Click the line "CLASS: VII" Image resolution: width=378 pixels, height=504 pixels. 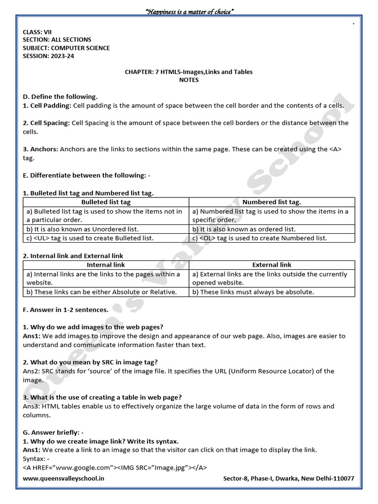pyautogui.click(x=37, y=31)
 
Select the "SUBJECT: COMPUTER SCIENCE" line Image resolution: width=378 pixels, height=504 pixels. pyautogui.click(x=66, y=48)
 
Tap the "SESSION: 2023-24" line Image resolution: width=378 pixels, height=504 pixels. pyautogui.click(x=49, y=56)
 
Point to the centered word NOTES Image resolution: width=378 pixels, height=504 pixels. pyautogui.click(x=189, y=80)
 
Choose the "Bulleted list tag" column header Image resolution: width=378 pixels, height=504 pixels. pyautogui.click(x=106, y=202)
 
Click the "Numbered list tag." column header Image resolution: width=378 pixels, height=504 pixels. pyautogui.click(x=272, y=202)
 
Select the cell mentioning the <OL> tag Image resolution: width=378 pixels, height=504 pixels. pyautogui.click(x=259, y=238)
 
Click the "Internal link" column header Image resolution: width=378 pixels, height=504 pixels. pyautogui.click(x=106, y=265)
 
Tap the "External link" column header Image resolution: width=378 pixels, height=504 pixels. pyautogui.click(x=272, y=265)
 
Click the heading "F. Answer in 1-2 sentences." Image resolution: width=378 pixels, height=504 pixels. pyautogui.click(x=65, y=310)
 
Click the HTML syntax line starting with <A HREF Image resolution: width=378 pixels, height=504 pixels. pyautogui.click(x=115, y=468)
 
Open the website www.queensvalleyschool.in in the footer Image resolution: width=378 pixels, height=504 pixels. pyautogui.click(x=63, y=478)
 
